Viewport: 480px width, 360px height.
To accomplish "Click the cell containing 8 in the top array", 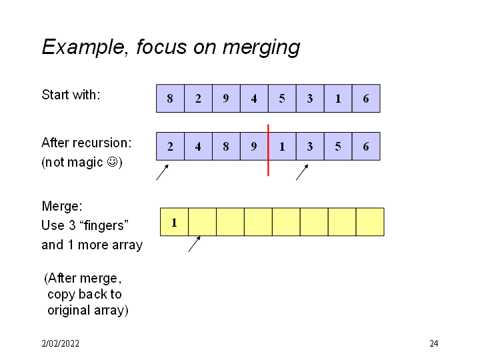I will pos(170,99).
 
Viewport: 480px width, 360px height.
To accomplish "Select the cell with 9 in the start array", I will pos(226,99).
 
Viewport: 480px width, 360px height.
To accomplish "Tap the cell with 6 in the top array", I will pos(366,99).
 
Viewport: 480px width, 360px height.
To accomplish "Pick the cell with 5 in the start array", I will pos(282,99).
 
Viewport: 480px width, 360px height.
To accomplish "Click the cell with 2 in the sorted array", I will pos(170,147).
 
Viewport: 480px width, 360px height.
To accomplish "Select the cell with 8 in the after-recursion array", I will pos(226,147).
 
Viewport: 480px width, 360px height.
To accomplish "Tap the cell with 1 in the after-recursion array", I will pos(282,147).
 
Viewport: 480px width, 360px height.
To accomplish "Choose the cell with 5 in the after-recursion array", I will pos(338,147).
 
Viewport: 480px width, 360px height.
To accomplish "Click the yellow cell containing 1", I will pos(174,222).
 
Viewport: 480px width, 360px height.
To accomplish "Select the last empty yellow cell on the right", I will pos(370,222).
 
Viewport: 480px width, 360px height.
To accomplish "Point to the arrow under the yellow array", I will pos(194,244).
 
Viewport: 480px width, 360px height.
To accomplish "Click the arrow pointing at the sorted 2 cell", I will pos(162,173).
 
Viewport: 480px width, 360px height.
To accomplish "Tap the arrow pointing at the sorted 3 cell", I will pos(302,173).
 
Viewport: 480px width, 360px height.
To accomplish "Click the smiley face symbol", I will pos(113,162).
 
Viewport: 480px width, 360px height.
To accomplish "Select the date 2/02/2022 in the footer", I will pos(60,344).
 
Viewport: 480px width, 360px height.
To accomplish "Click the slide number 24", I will pos(434,344).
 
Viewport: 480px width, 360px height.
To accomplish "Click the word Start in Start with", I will pos(55,95).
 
